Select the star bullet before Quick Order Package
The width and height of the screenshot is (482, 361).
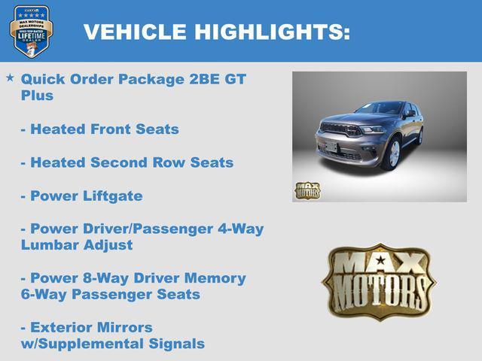(x=10, y=77)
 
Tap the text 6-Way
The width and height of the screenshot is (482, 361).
(x=44, y=294)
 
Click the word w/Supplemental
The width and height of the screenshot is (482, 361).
(x=78, y=344)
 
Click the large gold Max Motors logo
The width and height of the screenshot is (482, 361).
(x=379, y=281)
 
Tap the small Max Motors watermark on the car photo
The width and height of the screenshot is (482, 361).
(x=307, y=190)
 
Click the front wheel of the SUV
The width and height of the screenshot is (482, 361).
(x=392, y=153)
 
